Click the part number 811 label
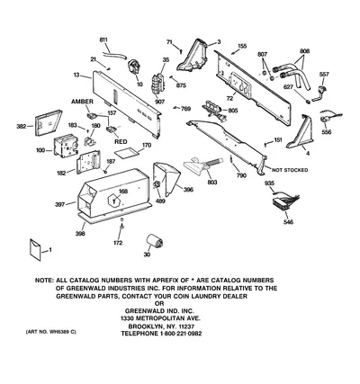coord(103,40)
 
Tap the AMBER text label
coord(82,102)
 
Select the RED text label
coord(121,141)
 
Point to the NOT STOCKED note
coord(290,170)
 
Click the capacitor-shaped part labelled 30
coord(155,241)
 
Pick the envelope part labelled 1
coord(35,250)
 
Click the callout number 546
coord(288,222)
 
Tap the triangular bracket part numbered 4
coord(301,132)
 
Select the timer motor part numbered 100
coord(65,146)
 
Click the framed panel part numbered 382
coord(48,122)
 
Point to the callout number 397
coord(60,205)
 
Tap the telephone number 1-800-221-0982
coord(180,334)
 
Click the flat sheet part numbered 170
coord(128,153)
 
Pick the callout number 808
coord(304,51)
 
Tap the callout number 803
coord(212,182)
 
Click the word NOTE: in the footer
coord(45,281)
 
